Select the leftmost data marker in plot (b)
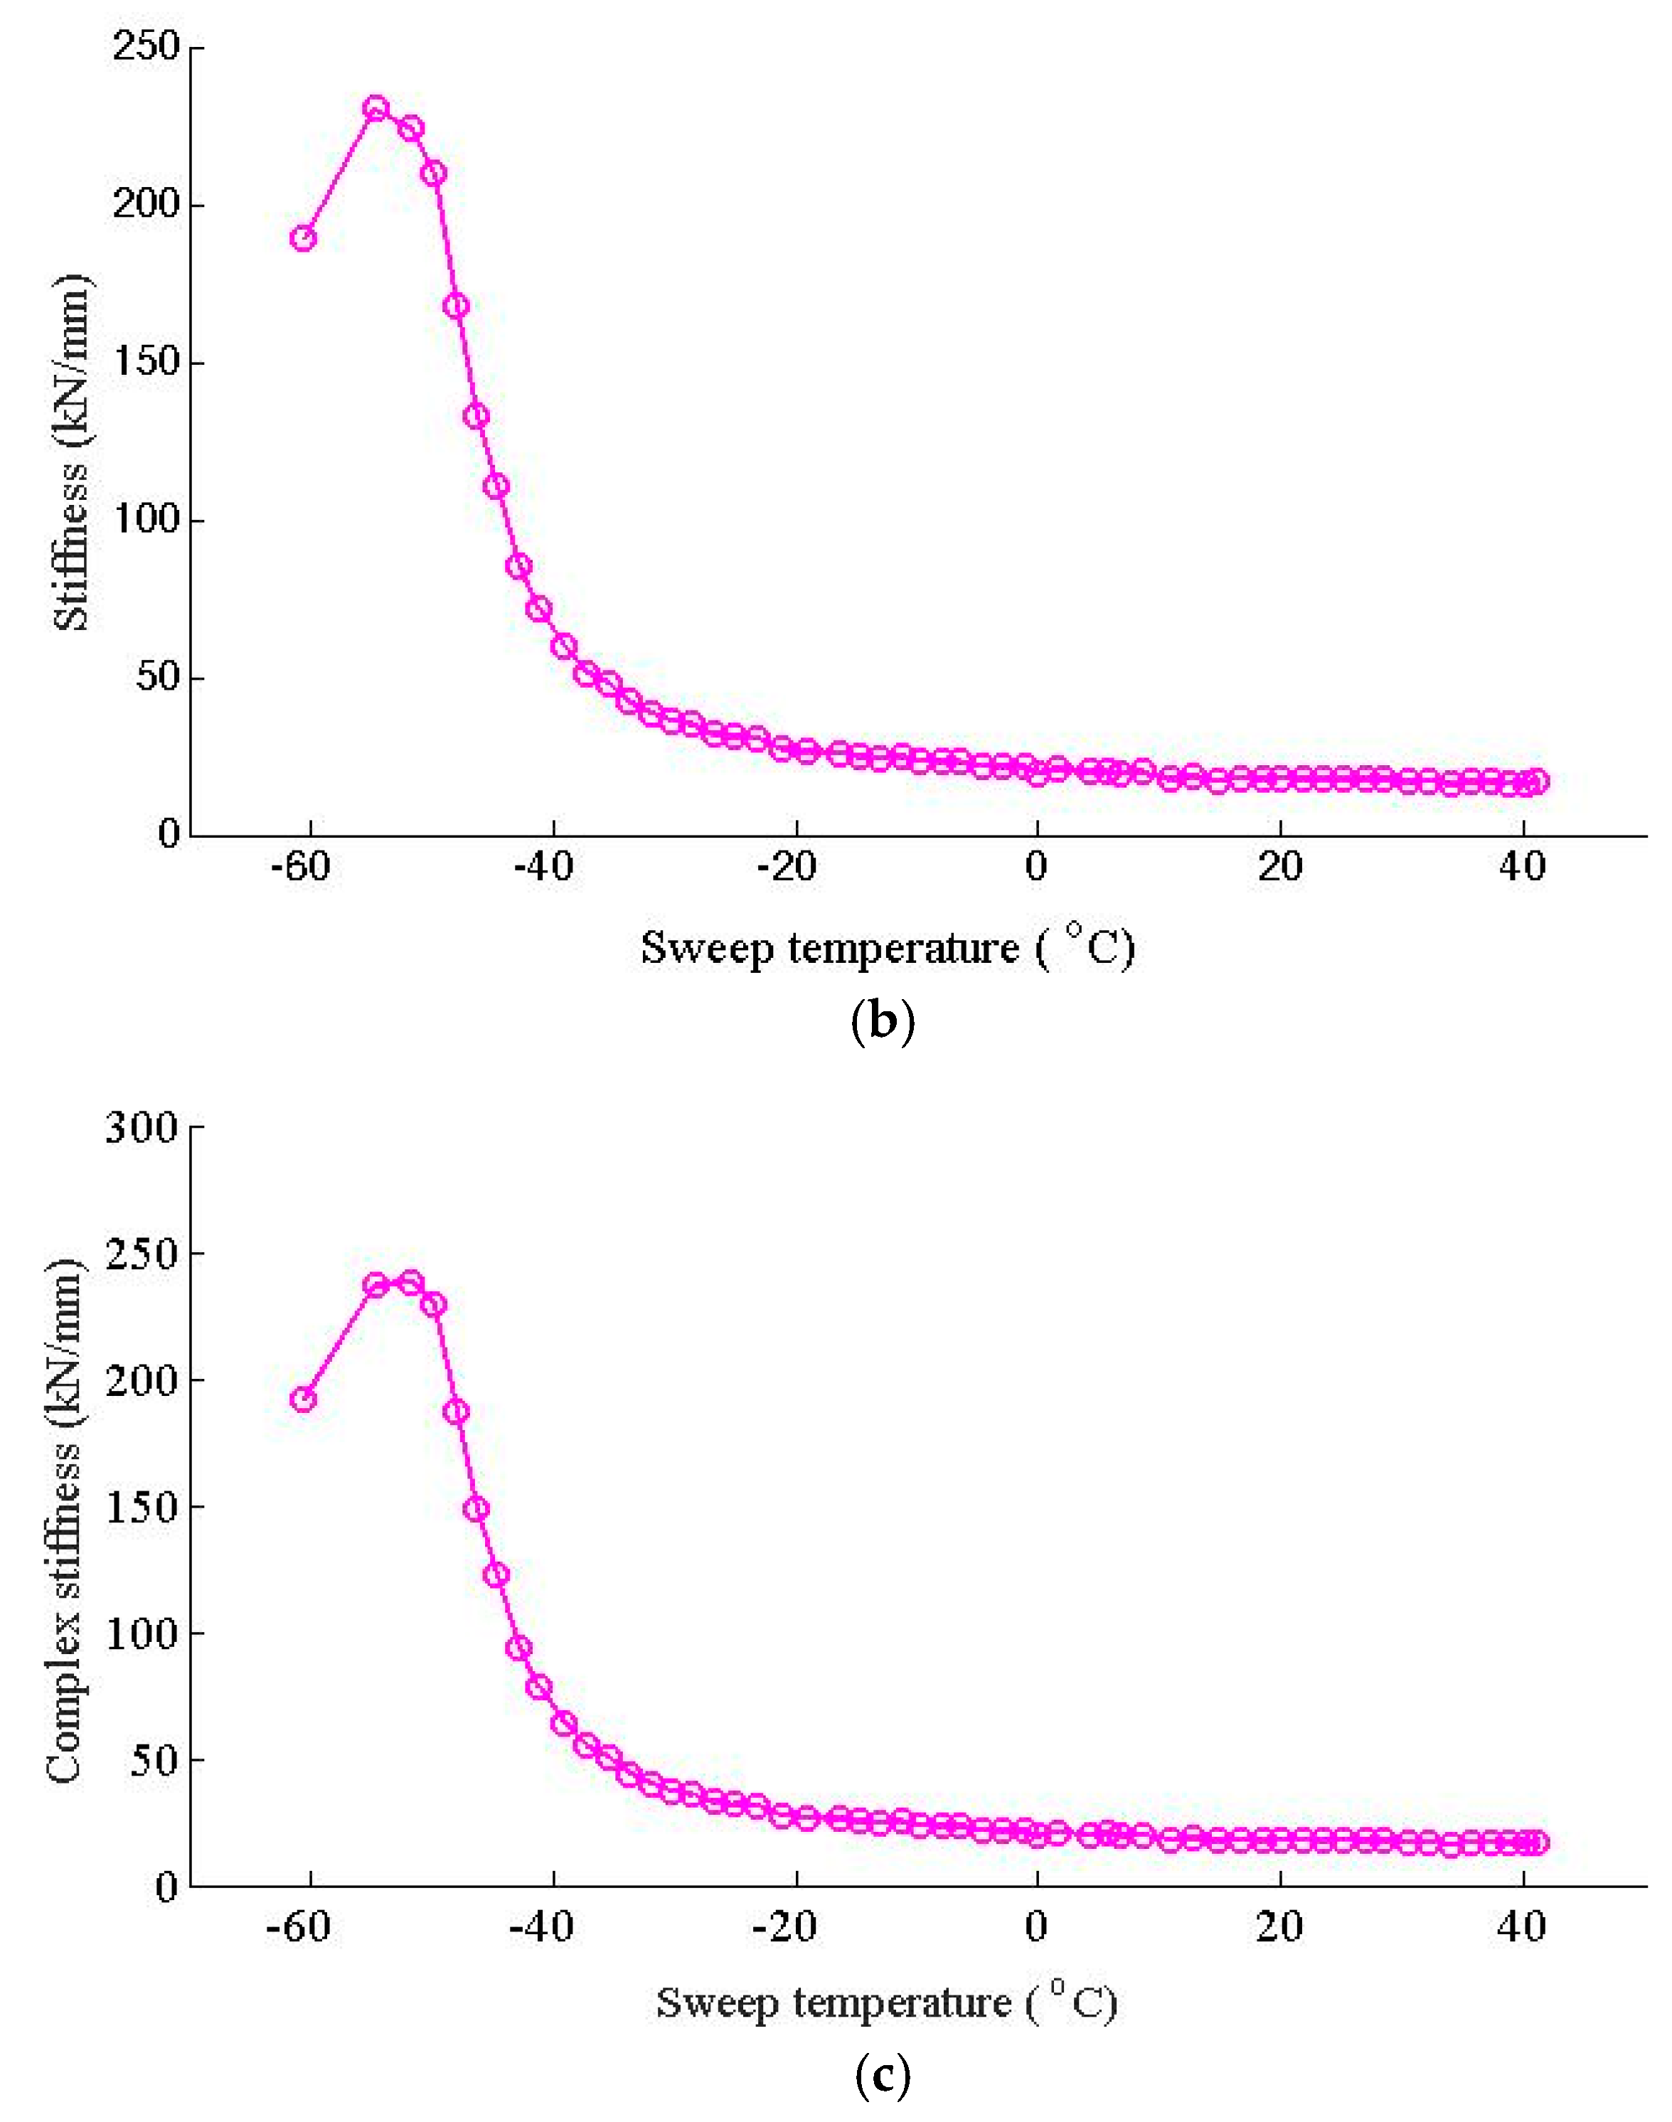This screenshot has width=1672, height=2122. (304, 238)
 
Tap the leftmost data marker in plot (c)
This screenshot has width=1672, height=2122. (304, 1399)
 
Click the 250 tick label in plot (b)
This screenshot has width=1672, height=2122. (146, 46)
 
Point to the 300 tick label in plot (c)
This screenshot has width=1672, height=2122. (142, 1128)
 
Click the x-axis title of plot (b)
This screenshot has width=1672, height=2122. (887, 947)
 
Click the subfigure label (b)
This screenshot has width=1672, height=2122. (883, 1022)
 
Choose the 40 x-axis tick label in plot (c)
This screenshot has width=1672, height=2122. (1522, 1926)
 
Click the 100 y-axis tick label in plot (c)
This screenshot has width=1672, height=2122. (142, 1633)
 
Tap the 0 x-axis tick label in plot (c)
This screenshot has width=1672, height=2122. (1037, 1926)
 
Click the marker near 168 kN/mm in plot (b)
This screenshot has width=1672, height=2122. (456, 305)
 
